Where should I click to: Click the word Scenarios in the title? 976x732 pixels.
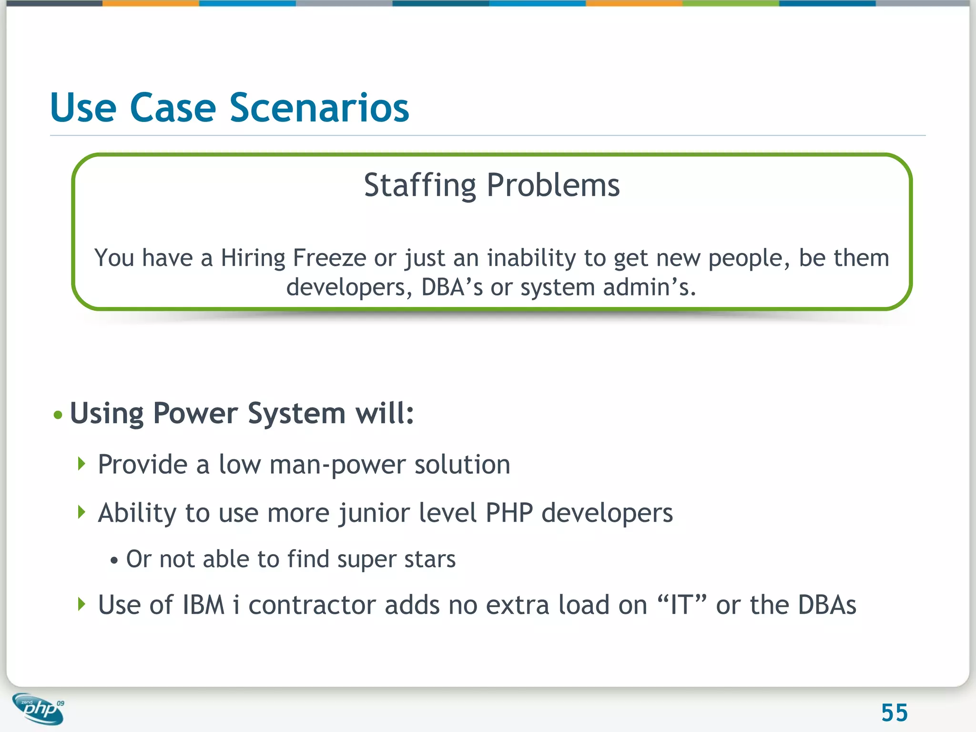pos(319,108)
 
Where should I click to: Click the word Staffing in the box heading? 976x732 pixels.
pos(419,185)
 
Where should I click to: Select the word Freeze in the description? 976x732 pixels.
pos(329,258)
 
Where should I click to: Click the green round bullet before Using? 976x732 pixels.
pos(58,415)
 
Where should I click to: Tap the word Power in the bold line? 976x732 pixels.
pos(195,413)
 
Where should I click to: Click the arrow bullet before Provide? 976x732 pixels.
pos(81,464)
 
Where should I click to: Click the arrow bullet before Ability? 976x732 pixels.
pos(81,512)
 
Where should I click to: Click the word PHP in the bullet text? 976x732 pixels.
pos(509,513)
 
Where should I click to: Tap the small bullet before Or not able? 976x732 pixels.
pos(113,560)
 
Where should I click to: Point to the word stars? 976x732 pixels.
pos(430,559)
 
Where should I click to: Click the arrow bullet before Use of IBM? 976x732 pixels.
pos(81,604)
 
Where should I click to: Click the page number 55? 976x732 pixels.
pos(894,713)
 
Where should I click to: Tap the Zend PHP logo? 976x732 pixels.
pos(39,709)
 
